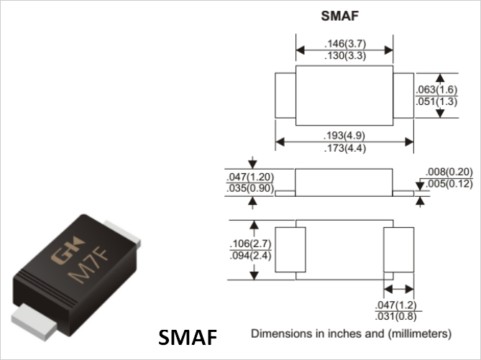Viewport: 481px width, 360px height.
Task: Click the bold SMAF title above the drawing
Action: (339, 16)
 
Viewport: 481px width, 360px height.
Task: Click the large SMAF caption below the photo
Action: (188, 337)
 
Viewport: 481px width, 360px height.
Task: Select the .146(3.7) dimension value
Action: (345, 44)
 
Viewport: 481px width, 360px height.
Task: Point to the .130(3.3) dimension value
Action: (345, 56)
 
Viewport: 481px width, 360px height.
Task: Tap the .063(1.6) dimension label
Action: (436, 90)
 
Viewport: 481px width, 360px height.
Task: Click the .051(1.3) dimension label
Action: (436, 101)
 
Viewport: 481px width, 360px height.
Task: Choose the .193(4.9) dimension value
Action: (344, 135)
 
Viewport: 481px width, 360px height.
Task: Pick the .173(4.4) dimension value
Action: (345, 149)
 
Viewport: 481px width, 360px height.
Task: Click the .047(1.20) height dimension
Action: (250, 177)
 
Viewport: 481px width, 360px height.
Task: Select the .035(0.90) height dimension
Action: (250, 188)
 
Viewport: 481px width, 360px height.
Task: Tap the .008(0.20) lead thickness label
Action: (449, 172)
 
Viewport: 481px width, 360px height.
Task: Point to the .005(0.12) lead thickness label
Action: (449, 184)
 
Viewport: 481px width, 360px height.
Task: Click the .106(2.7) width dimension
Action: (251, 244)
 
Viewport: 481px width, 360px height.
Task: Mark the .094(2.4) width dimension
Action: (251, 255)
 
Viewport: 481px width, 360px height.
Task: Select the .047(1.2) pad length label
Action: (395, 305)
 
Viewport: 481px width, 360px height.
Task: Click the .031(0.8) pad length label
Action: (395, 316)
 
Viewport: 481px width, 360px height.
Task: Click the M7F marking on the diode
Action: (88, 266)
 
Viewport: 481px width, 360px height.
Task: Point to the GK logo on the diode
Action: (67, 250)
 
